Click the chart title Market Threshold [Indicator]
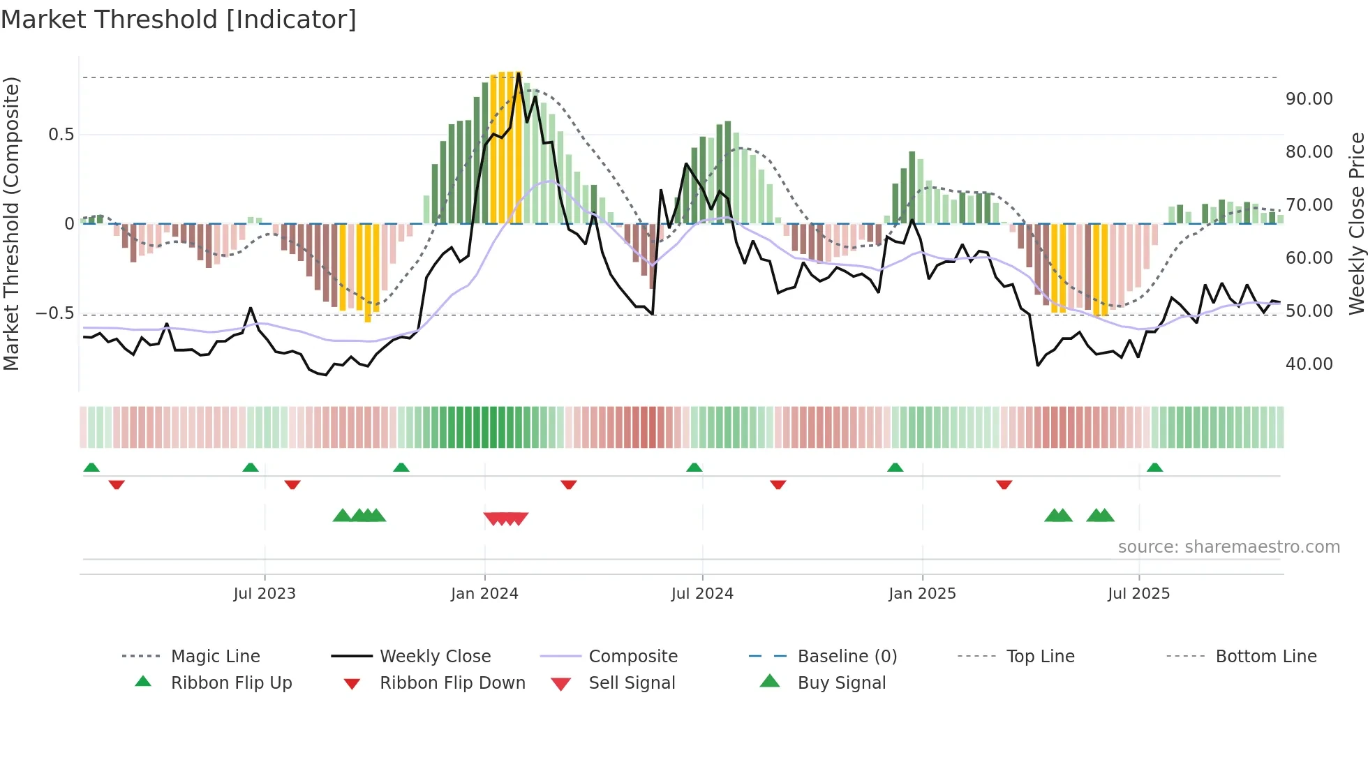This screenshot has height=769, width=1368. tap(179, 20)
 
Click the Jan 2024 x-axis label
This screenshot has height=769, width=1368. tap(484, 594)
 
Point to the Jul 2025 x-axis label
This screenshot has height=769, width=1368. tap(1138, 594)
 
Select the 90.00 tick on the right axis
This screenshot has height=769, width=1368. tap(1309, 99)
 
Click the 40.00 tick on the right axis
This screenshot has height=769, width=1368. tap(1309, 364)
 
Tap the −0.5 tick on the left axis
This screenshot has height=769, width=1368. tap(55, 313)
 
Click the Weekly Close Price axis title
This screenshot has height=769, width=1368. tap(1356, 223)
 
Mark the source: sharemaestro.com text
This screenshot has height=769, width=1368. tap(1228, 547)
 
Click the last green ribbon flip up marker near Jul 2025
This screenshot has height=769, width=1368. tap(1154, 468)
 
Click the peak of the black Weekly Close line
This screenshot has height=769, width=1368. tap(519, 74)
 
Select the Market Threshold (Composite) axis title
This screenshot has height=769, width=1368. tap(11, 223)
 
